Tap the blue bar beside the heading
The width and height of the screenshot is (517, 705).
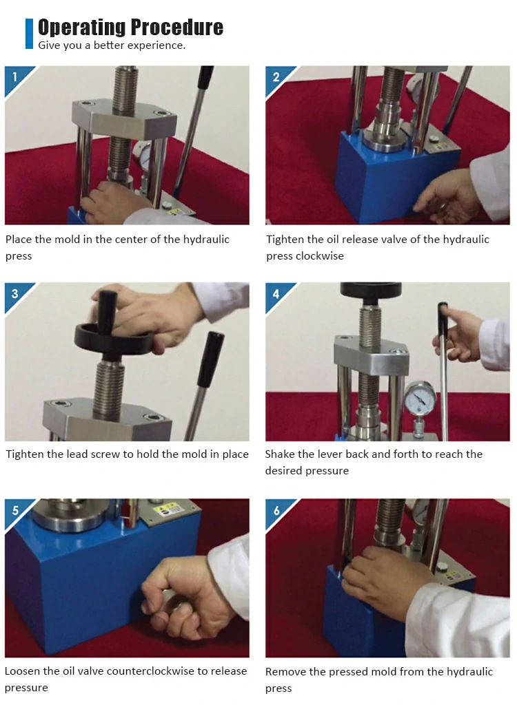pos(29,33)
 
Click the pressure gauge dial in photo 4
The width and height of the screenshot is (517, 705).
pos(420,397)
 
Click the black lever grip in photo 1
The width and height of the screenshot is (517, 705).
pos(205,81)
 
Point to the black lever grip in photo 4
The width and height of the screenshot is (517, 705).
pos(443,317)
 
